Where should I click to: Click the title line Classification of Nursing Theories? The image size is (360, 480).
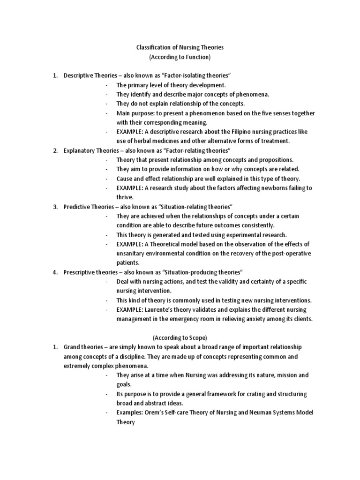180,47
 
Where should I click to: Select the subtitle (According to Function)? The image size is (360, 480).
180,57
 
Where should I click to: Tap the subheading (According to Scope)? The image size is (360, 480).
180,337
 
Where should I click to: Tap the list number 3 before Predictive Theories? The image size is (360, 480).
55,207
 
